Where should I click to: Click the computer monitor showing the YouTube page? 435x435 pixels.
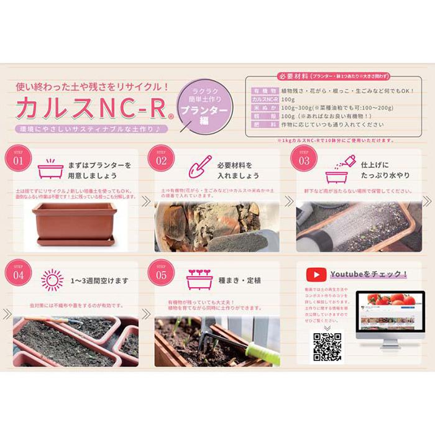[386, 314]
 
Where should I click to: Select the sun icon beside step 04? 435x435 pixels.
[52, 280]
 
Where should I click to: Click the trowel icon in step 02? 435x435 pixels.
[198, 166]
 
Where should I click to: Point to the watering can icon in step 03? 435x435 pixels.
[341, 167]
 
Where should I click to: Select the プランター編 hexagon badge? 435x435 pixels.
[204, 108]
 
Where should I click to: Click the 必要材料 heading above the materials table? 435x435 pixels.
[294, 76]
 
